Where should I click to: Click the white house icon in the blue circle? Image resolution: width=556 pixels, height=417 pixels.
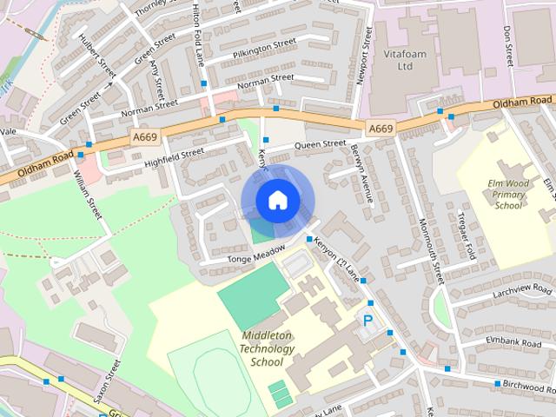pos(276,200)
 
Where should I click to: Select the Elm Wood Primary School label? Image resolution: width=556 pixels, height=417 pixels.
pos(509,195)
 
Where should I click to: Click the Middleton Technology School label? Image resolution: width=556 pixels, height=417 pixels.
pos(267,348)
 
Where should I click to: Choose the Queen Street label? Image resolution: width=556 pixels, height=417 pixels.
pos(320,144)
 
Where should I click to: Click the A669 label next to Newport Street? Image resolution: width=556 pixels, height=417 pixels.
pos(381,129)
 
